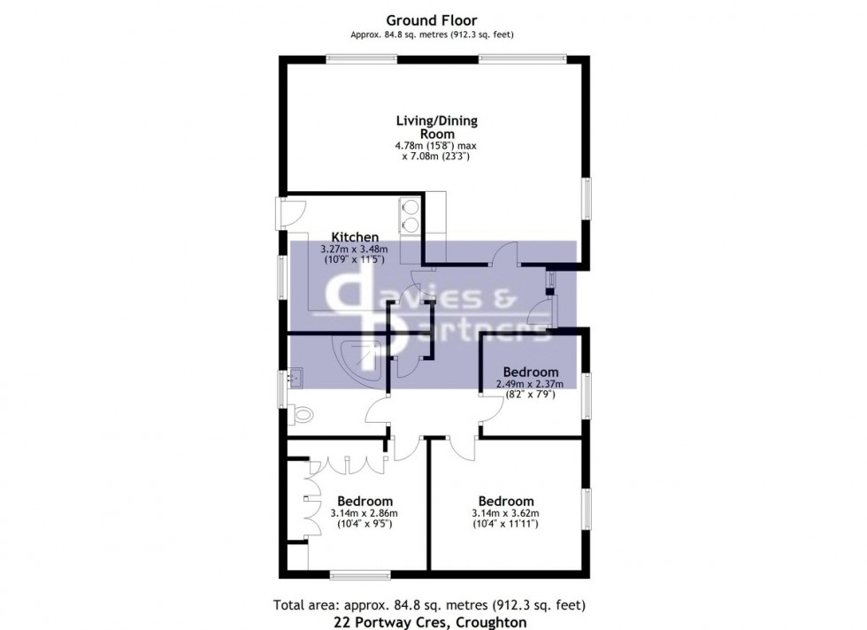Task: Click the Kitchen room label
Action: point(355,237)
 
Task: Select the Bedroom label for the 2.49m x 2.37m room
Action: point(531,372)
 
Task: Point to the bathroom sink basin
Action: point(295,379)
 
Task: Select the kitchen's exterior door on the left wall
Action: point(288,212)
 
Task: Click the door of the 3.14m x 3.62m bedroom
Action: point(461,447)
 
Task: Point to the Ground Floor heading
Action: point(433,20)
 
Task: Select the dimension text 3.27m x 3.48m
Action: point(354,250)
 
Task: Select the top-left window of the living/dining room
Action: point(361,59)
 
